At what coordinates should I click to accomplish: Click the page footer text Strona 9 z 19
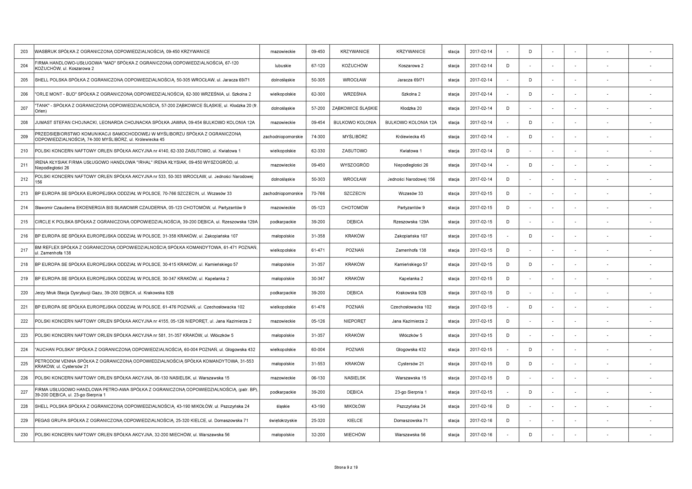(x=346, y=467)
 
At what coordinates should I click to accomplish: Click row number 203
(x=24, y=51)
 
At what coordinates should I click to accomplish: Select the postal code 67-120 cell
(x=318, y=66)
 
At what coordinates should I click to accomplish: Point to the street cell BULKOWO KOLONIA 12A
(x=411, y=122)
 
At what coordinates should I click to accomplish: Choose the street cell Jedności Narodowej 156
(x=411, y=179)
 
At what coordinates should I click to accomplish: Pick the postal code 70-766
(x=318, y=193)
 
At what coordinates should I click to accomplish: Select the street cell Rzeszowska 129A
(x=411, y=222)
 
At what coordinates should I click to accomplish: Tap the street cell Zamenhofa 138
(x=411, y=250)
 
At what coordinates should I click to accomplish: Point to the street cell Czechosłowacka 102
(x=411, y=307)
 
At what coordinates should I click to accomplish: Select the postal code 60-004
(x=318, y=349)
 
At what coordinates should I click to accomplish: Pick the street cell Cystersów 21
(x=411, y=364)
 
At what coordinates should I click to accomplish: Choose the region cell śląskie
(x=283, y=406)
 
